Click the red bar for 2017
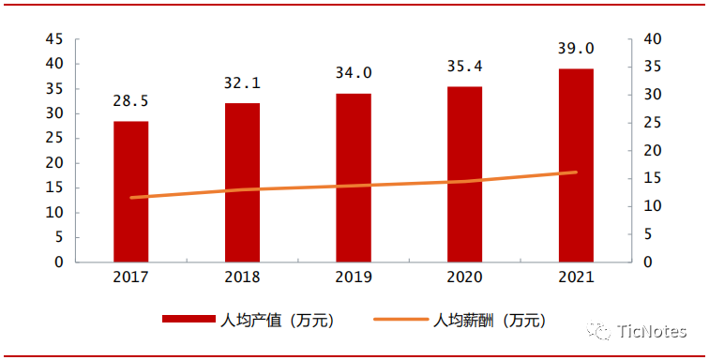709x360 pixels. click(130, 191)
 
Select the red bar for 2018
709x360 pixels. click(242, 182)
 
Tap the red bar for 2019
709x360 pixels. click(354, 177)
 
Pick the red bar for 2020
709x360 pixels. click(464, 174)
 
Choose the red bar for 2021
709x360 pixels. click(576, 165)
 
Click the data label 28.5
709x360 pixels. click(130, 101)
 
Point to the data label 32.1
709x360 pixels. click(242, 82)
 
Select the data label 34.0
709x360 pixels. click(354, 73)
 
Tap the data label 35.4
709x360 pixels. click(464, 67)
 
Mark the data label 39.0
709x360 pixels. click(576, 49)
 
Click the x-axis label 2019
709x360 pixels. click(354, 277)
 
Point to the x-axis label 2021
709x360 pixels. click(576, 277)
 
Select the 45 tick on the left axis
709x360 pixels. click(54, 39)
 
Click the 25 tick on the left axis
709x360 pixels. click(54, 139)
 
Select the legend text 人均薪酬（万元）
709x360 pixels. click(488, 321)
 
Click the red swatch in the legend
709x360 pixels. click(189, 321)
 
